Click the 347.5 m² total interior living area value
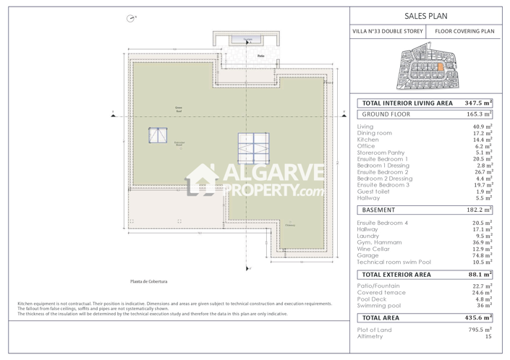coord(478,103)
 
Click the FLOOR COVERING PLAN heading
coord(464,32)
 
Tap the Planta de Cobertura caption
coord(150,281)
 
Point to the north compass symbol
coord(130,18)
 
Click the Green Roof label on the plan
coord(178,110)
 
